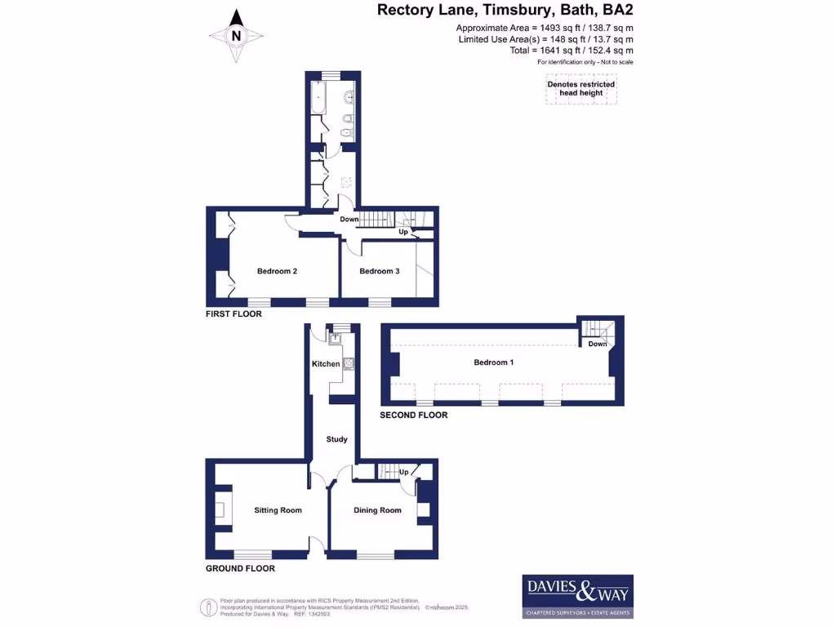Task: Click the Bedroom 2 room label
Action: tap(277, 271)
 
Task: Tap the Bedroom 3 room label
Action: tap(379, 271)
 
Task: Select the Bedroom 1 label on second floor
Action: tap(493, 362)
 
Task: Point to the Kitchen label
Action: tap(326, 363)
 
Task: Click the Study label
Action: tap(337, 439)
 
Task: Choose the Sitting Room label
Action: tap(278, 510)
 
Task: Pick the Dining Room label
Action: tap(377, 510)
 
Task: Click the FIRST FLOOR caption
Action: tap(233, 313)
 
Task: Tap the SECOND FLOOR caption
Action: tap(414, 415)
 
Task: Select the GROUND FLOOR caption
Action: tap(240, 568)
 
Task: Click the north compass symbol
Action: tap(236, 35)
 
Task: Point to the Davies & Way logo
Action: tap(577, 596)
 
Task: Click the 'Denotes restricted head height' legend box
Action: tap(581, 89)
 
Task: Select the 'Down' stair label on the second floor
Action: tap(598, 344)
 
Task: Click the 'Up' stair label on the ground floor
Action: tap(403, 472)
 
